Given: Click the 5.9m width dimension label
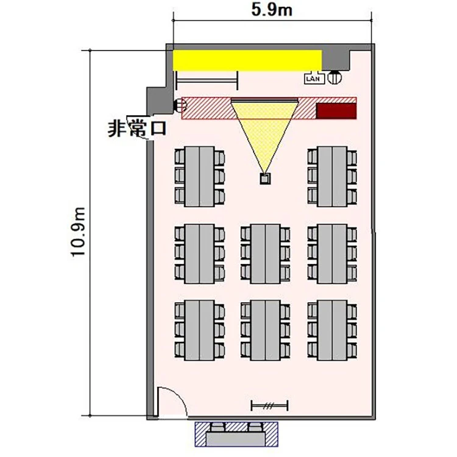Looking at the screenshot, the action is pos(272,10).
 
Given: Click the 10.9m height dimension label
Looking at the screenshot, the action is pos(79,232).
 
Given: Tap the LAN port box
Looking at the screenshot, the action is pos(314,79).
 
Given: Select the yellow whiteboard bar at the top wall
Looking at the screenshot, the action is pos(247,60).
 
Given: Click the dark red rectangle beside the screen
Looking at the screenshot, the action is pos(336,111).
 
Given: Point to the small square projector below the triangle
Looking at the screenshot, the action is pos(265,179).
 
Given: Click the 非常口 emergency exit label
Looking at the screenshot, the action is pos(137,129).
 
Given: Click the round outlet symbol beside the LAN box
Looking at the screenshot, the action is pos(335,77).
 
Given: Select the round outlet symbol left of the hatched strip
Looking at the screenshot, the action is pos(180,105).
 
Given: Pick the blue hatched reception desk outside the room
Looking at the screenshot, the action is pos(236,434).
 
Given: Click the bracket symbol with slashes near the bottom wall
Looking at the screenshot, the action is pos(269,405).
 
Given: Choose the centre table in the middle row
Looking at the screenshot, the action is pos(265,253).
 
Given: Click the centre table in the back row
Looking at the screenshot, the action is pos(265,330).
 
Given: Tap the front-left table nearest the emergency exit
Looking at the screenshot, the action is pos(199,177).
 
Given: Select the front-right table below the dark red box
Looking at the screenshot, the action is pos(332,177).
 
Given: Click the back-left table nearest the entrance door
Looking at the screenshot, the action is pos(199,330).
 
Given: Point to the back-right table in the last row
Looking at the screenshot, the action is pos(332,330).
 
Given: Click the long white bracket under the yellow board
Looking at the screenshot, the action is pos(207,80).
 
